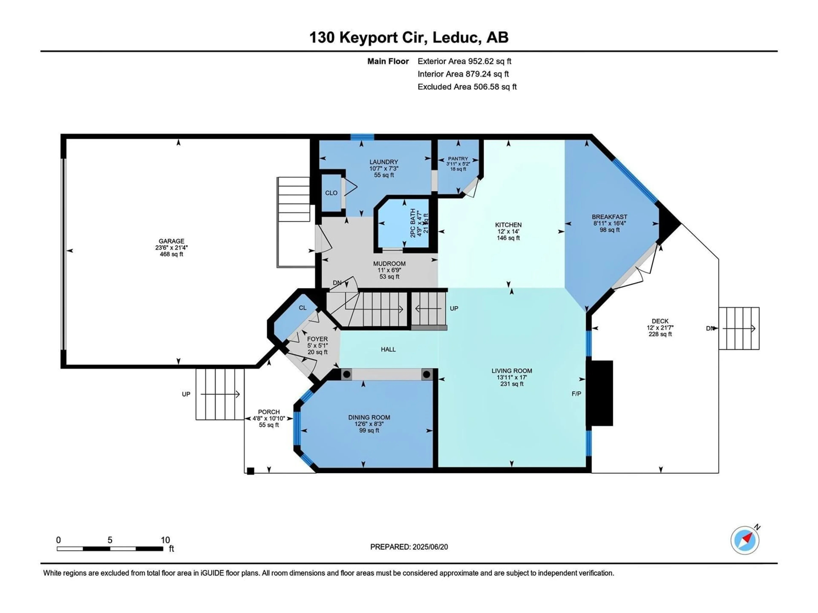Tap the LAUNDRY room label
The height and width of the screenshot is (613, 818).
pyautogui.click(x=383, y=162)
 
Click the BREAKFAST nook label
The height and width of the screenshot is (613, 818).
pyautogui.click(x=609, y=217)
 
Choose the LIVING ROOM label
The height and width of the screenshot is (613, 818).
pyautogui.click(x=512, y=371)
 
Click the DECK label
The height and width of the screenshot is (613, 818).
pyautogui.click(x=660, y=321)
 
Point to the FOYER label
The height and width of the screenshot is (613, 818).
pyautogui.click(x=317, y=339)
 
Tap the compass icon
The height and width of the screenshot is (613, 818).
pyautogui.click(x=745, y=540)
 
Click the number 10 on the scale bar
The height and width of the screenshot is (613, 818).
pyautogui.click(x=165, y=540)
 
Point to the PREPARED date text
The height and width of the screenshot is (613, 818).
pyautogui.click(x=409, y=547)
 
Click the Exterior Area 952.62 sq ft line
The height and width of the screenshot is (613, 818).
pyautogui.click(x=464, y=61)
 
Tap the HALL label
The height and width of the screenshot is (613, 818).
pyautogui.click(x=388, y=349)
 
